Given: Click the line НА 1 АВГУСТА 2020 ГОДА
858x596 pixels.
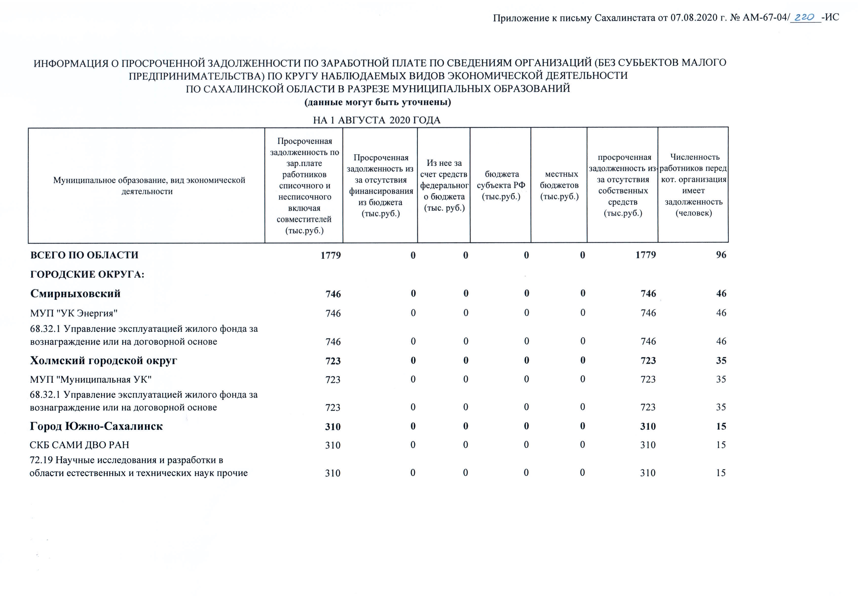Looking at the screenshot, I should [377, 120].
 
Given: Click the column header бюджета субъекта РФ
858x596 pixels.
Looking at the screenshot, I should [501, 185].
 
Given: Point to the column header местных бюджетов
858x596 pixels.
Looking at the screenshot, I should [559, 185].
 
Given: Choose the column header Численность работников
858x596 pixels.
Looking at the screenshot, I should [693, 185].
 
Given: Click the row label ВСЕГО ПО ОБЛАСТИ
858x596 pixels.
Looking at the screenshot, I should [84, 255].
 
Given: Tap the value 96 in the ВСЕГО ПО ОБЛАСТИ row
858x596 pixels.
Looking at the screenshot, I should [721, 255].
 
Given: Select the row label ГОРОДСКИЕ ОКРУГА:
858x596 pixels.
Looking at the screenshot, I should [87, 275].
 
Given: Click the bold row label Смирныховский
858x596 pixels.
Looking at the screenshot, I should [76, 294].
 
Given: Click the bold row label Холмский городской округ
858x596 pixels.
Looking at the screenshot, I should [103, 360].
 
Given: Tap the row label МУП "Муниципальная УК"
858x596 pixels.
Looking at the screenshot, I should [91, 379].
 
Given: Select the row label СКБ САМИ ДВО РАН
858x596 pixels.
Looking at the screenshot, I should [80, 445].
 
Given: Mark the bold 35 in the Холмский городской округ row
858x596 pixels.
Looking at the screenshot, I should [721, 360].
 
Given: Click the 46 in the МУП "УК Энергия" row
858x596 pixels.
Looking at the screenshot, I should [721, 313].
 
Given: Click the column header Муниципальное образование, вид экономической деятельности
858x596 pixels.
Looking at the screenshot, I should [149, 186].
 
